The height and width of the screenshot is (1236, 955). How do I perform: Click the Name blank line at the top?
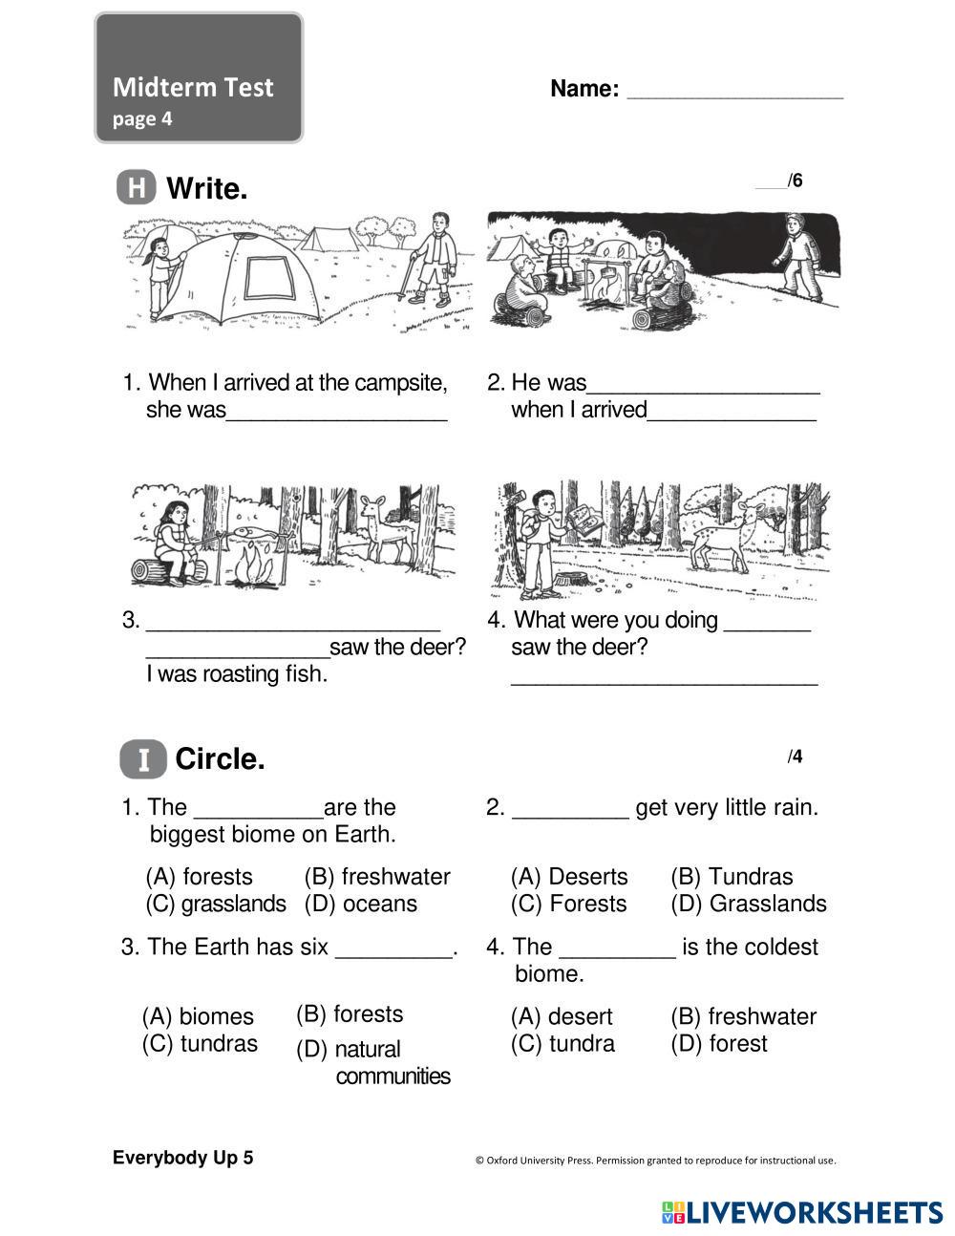click(x=734, y=95)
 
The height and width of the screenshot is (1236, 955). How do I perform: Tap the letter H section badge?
click(x=137, y=187)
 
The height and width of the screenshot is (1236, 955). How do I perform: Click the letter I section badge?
click(x=143, y=759)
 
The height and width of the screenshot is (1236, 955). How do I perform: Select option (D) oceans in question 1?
click(x=361, y=904)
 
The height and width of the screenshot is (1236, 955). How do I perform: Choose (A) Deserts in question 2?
click(x=569, y=877)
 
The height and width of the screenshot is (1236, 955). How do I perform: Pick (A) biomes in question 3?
click(x=198, y=1016)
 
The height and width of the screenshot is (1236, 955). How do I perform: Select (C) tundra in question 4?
click(x=562, y=1043)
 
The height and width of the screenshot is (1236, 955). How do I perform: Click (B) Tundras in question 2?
click(x=732, y=877)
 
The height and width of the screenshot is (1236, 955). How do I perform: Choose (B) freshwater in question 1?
click(x=377, y=877)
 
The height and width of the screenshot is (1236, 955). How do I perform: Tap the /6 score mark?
click(x=793, y=181)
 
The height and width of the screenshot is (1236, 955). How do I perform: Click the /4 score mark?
click(x=795, y=757)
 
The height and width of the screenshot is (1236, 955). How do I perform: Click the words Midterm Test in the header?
click(x=193, y=88)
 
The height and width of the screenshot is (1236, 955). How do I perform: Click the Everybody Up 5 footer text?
click(x=183, y=1158)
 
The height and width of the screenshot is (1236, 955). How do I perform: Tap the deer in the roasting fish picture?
click(x=385, y=530)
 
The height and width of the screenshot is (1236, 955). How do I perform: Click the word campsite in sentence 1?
click(x=400, y=383)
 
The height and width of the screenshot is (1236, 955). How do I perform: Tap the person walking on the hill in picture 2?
click(x=798, y=256)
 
